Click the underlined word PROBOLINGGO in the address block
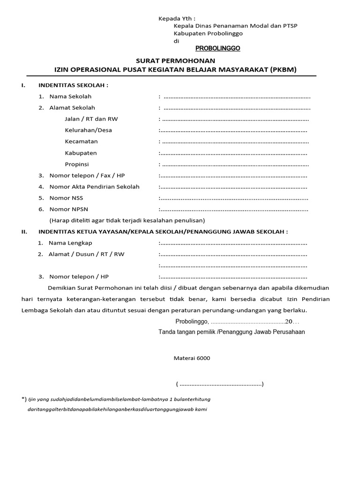click(217, 48)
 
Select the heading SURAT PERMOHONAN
click(175, 61)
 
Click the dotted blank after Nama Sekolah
click(237, 97)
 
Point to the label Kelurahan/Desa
click(88, 130)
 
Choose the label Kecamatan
click(81, 142)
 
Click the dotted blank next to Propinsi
click(236, 165)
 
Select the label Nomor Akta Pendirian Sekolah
click(94, 187)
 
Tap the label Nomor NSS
click(66, 198)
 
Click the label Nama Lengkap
click(70, 243)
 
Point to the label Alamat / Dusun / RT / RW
click(87, 254)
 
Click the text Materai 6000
click(192, 358)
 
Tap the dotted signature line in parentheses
click(220, 384)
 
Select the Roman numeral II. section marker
click(24, 232)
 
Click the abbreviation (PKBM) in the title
click(283, 70)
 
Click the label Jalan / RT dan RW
click(91, 119)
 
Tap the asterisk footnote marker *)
click(24, 398)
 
